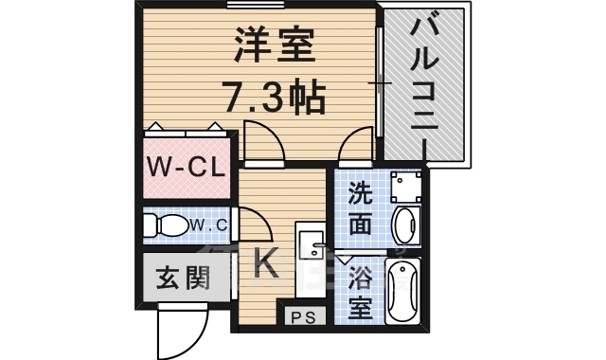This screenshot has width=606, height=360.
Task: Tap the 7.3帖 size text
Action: pyautogui.click(x=275, y=95)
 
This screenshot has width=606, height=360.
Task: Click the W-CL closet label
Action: pyautogui.click(x=185, y=169)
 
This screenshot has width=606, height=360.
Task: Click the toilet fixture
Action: pyautogui.click(x=165, y=226)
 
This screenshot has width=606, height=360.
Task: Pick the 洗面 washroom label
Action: pyautogui.click(x=360, y=208)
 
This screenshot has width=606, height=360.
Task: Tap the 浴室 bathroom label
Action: pyautogui.click(x=361, y=293)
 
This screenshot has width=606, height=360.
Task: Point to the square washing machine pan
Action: pyautogui.click(x=405, y=186)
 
